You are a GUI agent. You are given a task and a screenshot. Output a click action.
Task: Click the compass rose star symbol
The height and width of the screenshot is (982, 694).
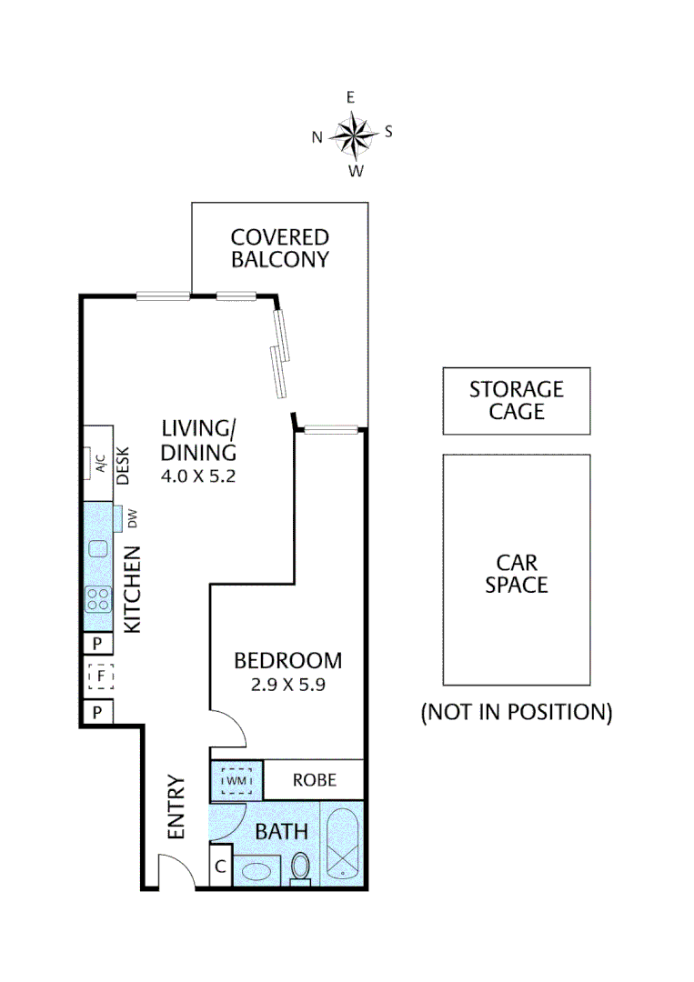pos(352,135)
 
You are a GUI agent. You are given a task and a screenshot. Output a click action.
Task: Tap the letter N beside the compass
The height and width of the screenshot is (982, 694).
pos(317,137)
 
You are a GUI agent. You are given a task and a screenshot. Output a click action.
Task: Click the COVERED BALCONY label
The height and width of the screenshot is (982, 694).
pos(279,248)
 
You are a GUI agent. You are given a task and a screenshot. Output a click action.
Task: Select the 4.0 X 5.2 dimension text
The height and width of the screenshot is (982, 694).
pos(199,476)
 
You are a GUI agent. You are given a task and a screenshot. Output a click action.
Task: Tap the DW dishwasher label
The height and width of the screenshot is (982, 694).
pos(132,520)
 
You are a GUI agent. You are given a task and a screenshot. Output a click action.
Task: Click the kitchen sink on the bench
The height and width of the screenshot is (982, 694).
pos(97,548)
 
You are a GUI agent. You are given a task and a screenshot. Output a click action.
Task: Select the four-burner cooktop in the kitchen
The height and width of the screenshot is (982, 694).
pos(97,598)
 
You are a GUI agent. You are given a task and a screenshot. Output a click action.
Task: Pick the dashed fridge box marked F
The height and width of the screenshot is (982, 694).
pos(98,676)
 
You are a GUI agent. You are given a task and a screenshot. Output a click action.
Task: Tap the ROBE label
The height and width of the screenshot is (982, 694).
pos(315,779)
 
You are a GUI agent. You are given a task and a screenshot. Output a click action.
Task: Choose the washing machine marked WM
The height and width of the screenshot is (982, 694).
pos(236,780)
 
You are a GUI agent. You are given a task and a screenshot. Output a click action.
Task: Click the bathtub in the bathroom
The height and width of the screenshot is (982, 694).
pos(343,845)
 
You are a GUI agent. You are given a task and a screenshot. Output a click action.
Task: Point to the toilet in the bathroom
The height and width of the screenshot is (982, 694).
pos(300,868)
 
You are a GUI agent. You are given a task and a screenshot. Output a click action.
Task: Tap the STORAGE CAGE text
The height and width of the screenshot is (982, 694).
pos(517,400)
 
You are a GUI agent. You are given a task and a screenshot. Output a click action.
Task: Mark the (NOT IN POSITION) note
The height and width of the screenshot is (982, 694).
pos(517,712)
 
